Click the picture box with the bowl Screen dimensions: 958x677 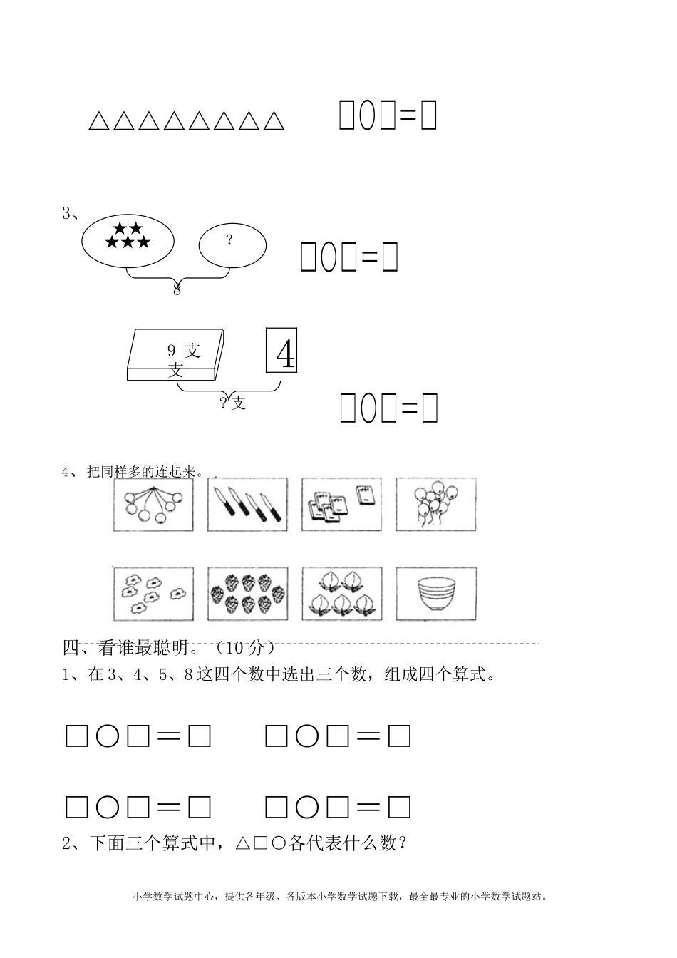[435, 593]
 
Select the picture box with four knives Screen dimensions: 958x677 [247, 504]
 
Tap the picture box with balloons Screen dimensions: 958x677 [435, 504]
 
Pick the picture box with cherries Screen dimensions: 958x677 [153, 504]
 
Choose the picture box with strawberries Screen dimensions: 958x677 [247, 593]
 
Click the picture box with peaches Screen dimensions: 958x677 [341, 593]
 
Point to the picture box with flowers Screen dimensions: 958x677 [153, 593]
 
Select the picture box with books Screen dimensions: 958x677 [341, 504]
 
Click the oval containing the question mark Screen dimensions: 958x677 [232, 245]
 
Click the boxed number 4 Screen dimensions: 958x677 [281, 350]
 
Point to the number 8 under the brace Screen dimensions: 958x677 [177, 289]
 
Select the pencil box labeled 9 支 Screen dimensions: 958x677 [175, 355]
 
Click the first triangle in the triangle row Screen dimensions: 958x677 [98, 120]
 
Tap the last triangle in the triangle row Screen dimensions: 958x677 [273, 120]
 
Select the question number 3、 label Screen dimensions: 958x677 [70, 214]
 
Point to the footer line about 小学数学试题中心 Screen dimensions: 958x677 [340, 897]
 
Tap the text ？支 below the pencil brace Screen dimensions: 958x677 [233, 403]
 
